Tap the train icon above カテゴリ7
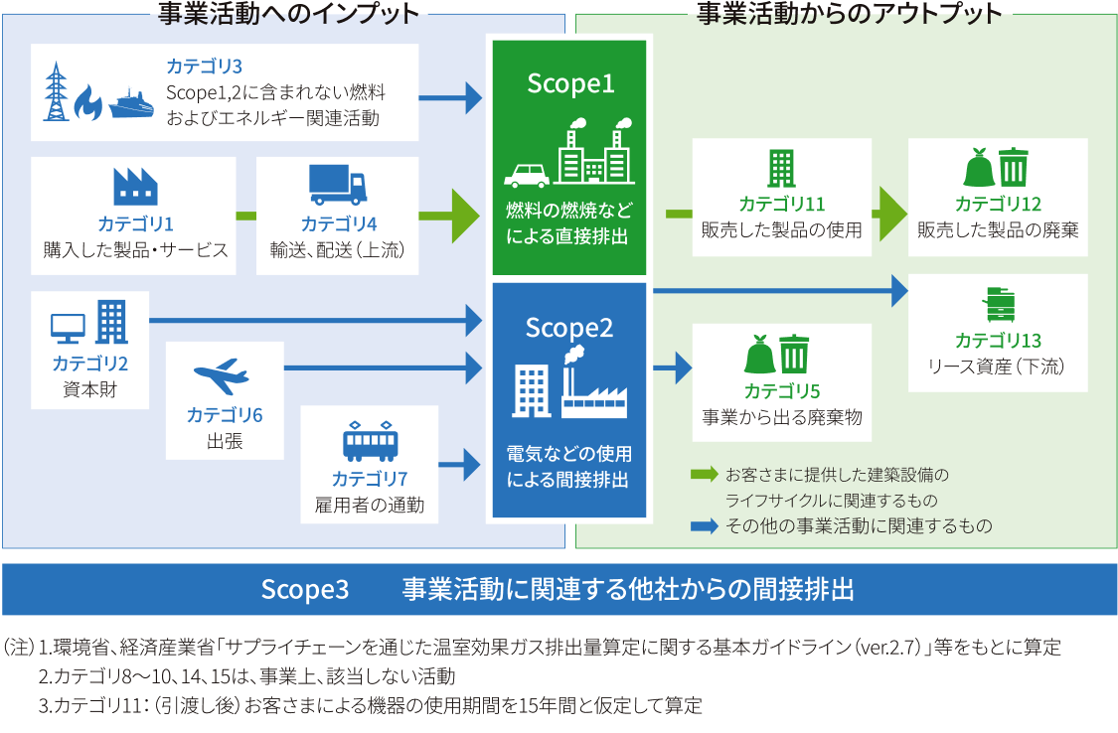[x=370, y=439]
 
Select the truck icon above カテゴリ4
[x=338, y=184]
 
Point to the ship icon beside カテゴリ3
[x=132, y=103]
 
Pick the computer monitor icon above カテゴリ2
[x=69, y=327]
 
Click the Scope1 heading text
[x=569, y=84]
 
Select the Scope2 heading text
[x=569, y=328]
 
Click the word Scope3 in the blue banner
[x=305, y=590]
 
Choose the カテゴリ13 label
[x=998, y=341]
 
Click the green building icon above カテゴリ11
[x=782, y=169]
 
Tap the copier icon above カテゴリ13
[x=999, y=304]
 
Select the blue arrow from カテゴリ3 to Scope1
[x=449, y=97]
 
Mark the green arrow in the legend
[x=705, y=475]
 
